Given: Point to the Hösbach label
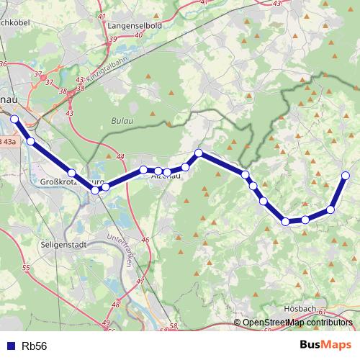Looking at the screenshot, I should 300,308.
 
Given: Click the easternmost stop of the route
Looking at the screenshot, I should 346,175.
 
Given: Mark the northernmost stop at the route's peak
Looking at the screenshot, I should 199,153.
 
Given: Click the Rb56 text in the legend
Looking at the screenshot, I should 35,346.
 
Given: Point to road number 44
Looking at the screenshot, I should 120,156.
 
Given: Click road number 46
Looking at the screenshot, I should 145,240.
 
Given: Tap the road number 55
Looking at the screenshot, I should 27,268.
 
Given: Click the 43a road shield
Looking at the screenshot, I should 9,142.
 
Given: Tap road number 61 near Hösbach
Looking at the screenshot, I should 322,312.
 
